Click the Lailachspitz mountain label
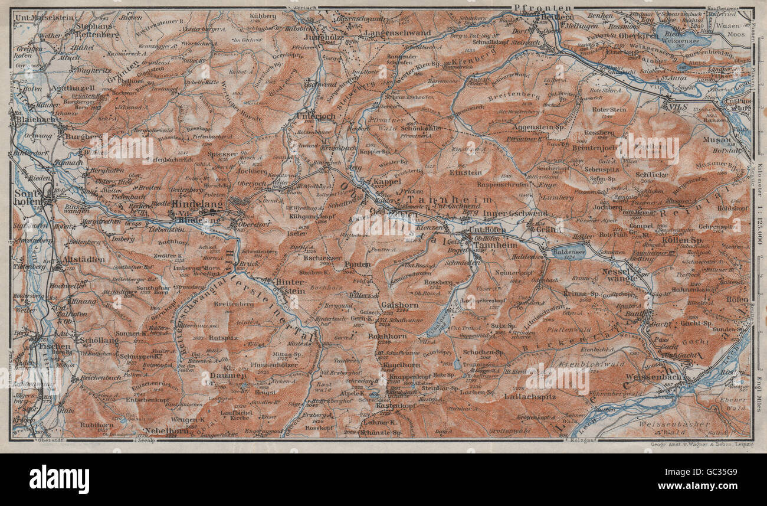pyautogui.click(x=530, y=397)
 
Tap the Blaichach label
pyautogui.click(x=33, y=119)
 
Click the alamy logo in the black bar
pyautogui.click(x=59, y=479)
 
